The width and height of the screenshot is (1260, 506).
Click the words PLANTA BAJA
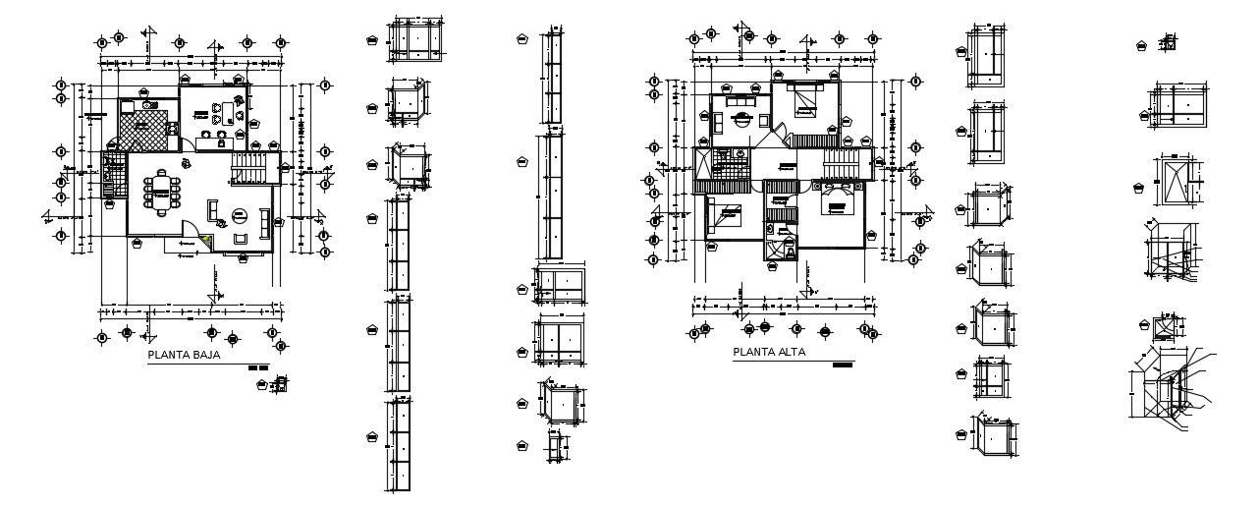183,356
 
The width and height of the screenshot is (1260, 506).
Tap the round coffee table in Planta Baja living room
238,216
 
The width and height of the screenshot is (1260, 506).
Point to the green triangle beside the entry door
205,239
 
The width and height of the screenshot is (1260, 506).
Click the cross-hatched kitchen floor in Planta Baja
148,128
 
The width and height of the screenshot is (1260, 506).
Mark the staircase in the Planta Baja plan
249,168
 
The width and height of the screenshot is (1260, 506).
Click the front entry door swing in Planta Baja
188,235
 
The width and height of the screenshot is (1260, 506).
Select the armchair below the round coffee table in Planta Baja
239,237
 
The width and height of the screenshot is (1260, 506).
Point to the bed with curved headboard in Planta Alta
837,203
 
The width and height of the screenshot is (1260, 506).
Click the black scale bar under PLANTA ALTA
842,365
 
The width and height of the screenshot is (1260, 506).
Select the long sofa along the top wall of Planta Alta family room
740,100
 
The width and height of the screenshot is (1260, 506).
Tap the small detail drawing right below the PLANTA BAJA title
282,383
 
